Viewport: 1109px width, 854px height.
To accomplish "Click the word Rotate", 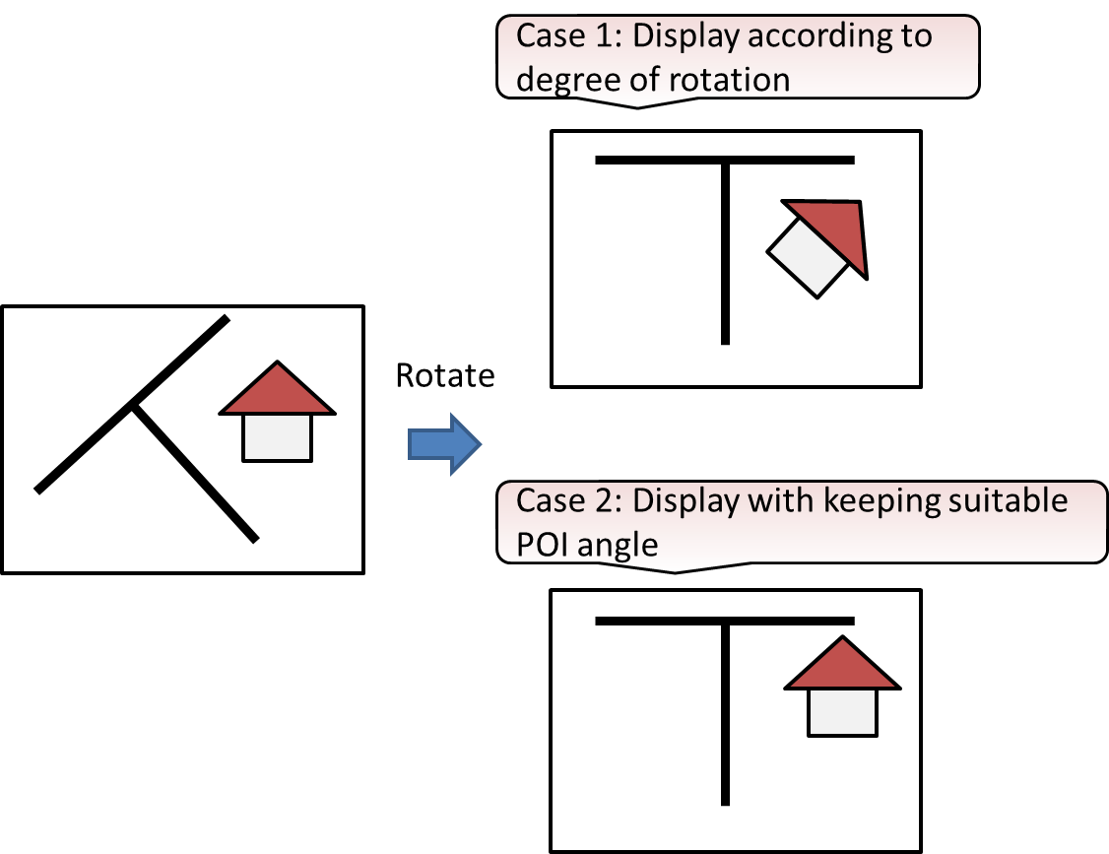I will (444, 375).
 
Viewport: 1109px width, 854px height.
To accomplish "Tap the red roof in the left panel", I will (278, 392).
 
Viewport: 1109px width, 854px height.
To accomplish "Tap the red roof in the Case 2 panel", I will (842, 667).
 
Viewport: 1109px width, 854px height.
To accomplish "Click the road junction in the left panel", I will (134, 404).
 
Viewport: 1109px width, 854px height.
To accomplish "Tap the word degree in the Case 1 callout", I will (565, 80).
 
